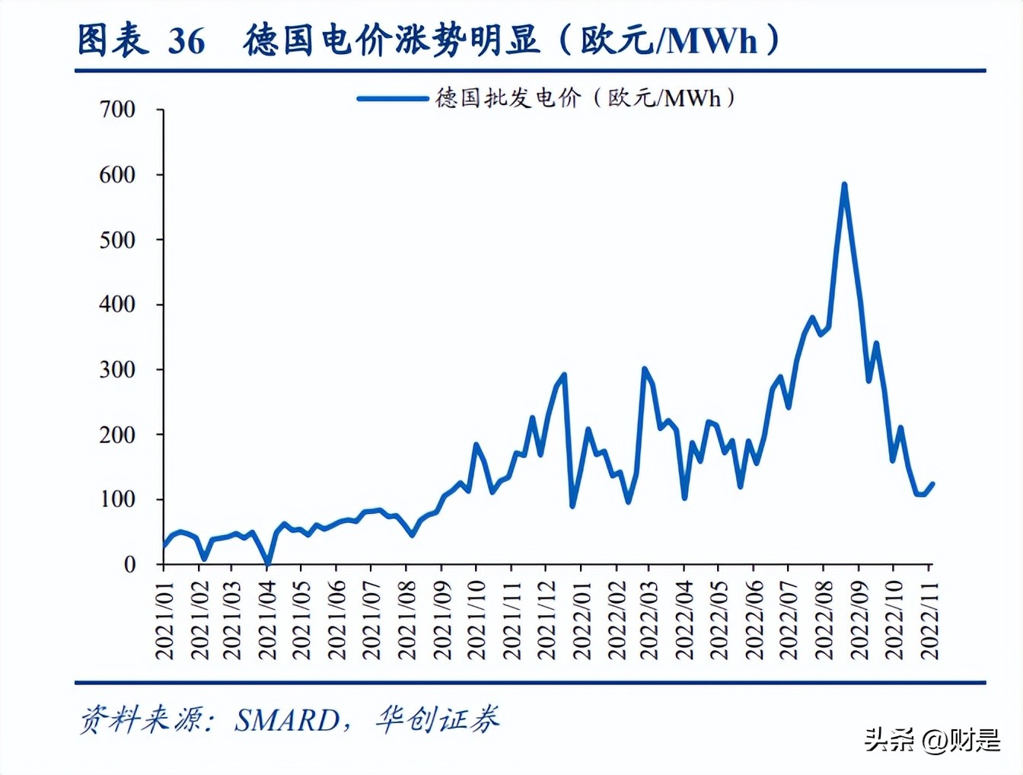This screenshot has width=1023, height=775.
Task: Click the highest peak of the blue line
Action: tap(844, 185)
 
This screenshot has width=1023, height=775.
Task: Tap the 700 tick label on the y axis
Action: tap(117, 110)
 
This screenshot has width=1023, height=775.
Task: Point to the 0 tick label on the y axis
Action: tap(130, 564)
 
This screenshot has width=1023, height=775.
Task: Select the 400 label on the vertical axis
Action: tap(117, 305)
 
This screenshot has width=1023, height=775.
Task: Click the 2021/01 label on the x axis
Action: tap(164, 620)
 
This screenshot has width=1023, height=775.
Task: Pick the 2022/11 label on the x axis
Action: tap(929, 620)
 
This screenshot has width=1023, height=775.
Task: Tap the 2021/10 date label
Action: tap(476, 620)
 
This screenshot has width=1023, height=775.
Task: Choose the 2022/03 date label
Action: tap(649, 620)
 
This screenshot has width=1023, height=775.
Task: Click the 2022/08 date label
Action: tap(823, 620)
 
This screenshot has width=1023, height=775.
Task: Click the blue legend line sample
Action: tap(393, 98)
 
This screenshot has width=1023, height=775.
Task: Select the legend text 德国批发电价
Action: tap(508, 98)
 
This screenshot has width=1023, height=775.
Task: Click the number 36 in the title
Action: tap(186, 41)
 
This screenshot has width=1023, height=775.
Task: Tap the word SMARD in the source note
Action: tap(287, 720)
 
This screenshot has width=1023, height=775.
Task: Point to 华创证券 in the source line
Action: tap(437, 719)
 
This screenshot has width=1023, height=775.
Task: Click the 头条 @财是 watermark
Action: tap(932, 739)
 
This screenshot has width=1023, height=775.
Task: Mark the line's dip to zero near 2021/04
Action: tap(267, 563)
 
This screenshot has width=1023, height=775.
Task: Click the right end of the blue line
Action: tap(932, 483)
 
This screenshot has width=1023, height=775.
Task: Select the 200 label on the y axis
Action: tap(117, 435)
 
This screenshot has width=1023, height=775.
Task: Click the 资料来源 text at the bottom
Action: tap(142, 719)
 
